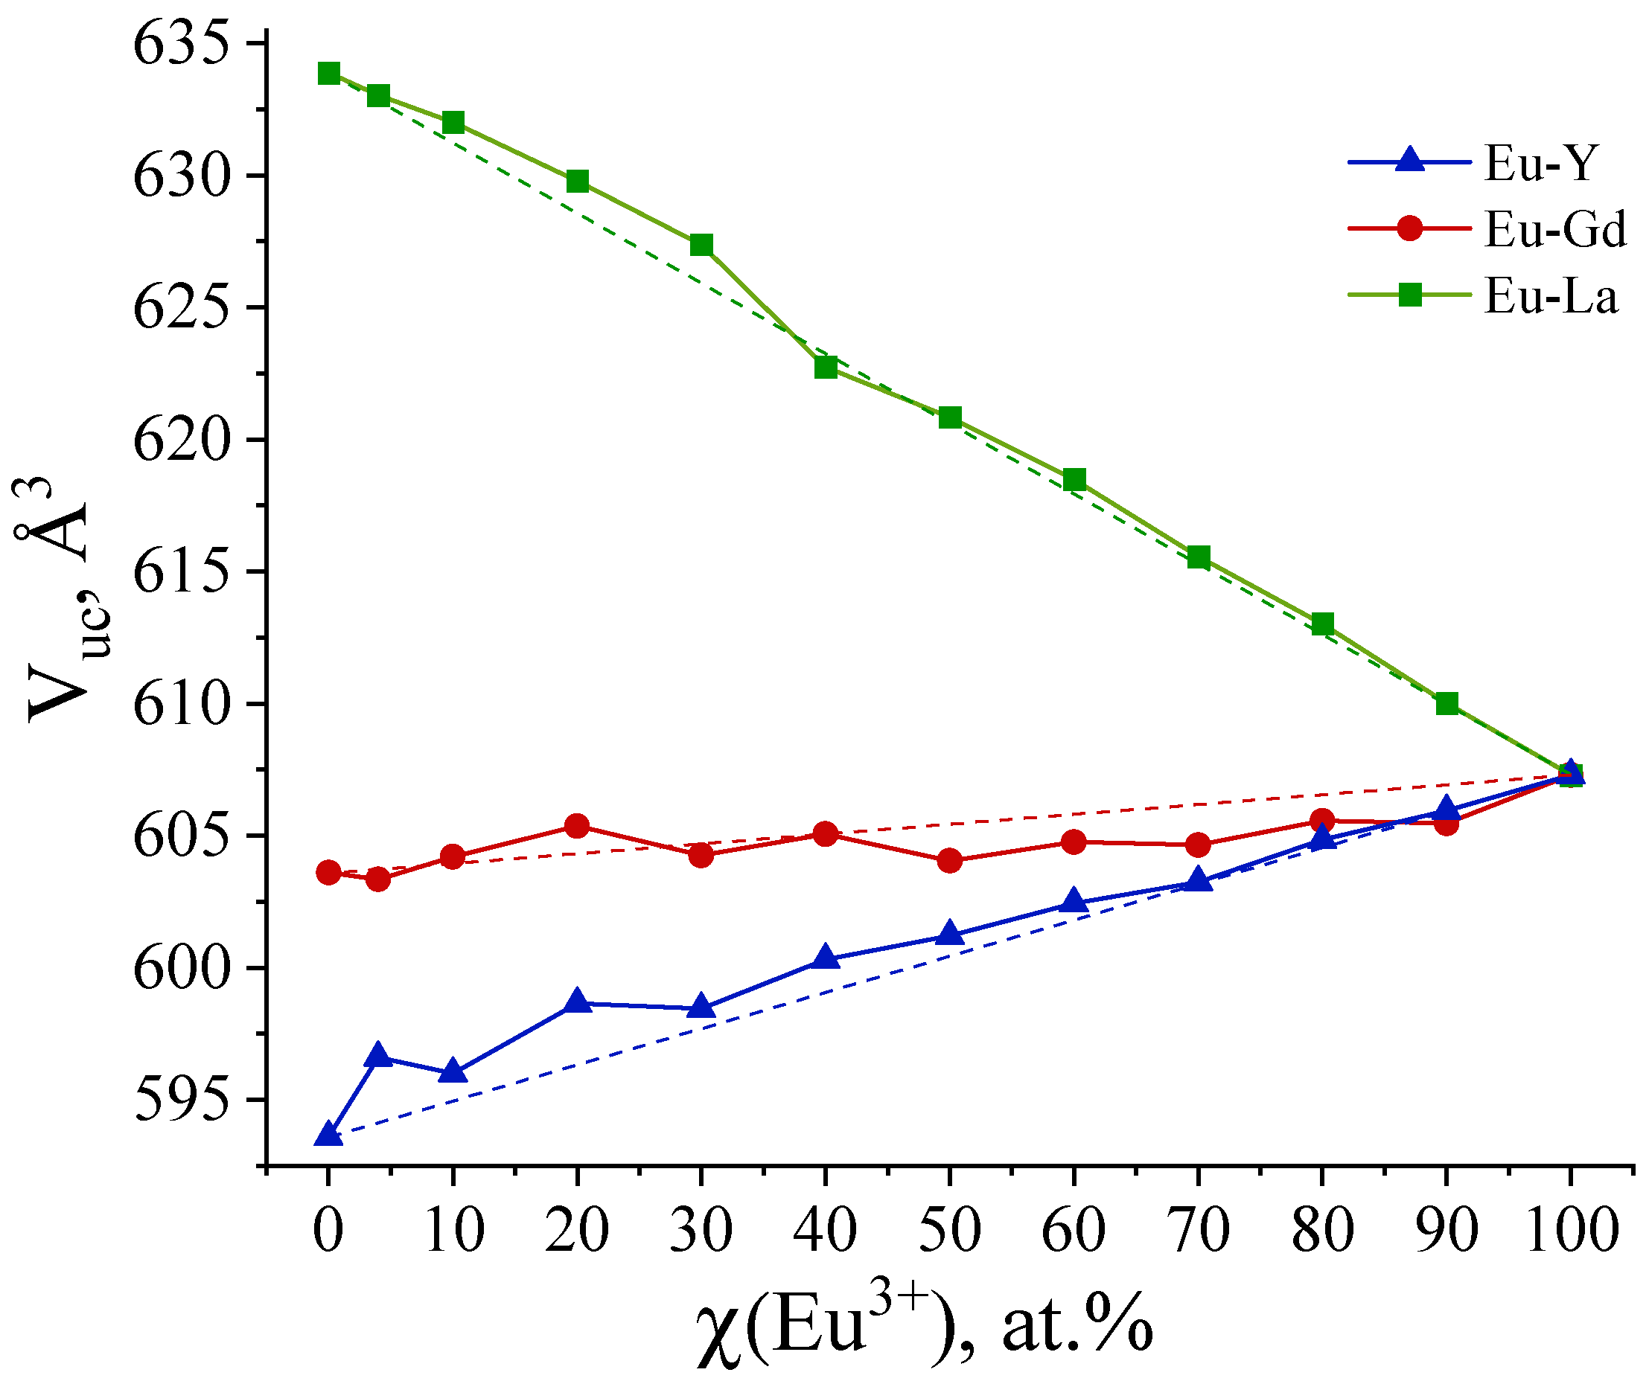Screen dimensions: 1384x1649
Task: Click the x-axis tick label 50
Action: [949, 1230]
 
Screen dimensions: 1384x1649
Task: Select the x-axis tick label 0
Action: [328, 1230]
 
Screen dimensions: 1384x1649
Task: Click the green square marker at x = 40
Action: [826, 368]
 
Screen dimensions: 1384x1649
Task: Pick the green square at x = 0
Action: [328, 74]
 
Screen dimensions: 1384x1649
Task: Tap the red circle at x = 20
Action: [577, 826]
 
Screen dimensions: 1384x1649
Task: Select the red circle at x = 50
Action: [949, 860]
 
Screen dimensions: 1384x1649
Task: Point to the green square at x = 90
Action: [1447, 703]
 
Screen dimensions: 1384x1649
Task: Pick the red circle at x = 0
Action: [328, 873]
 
